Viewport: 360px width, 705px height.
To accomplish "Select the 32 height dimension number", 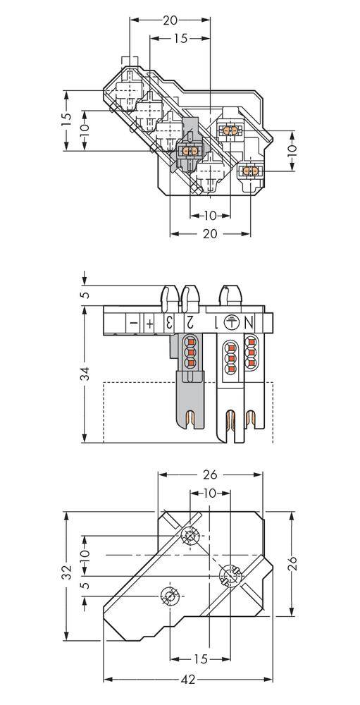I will tap(66, 571).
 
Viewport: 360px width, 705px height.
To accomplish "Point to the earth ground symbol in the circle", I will tap(230, 322).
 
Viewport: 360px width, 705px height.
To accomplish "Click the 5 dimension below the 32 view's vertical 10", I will tap(85, 587).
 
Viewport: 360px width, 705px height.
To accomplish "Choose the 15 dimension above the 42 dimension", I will tap(200, 658).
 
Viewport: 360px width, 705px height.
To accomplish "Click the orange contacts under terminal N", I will tap(252, 350).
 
